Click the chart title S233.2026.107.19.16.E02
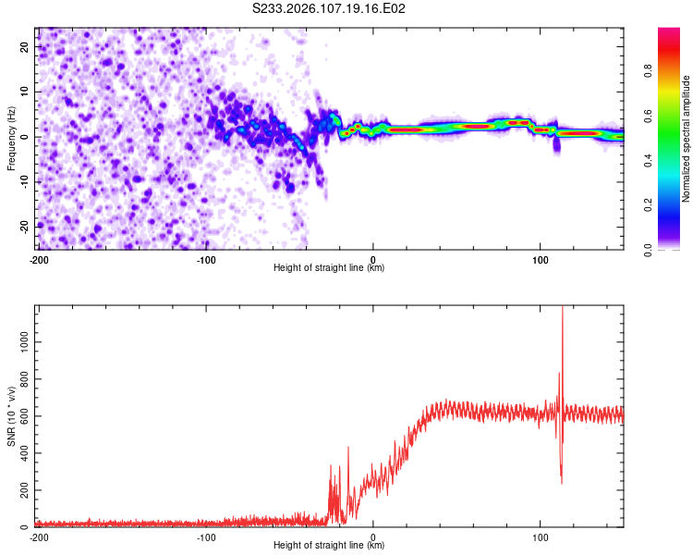click(x=330, y=8)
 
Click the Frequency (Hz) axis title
click(x=11, y=138)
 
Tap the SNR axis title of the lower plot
click(x=11, y=416)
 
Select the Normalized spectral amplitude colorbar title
click(x=686, y=139)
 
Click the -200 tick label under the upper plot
click(x=39, y=259)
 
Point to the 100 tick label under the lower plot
click(x=541, y=536)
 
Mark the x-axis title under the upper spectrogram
click(x=330, y=267)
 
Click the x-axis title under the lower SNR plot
click(x=330, y=545)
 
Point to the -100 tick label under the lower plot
click(x=206, y=536)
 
